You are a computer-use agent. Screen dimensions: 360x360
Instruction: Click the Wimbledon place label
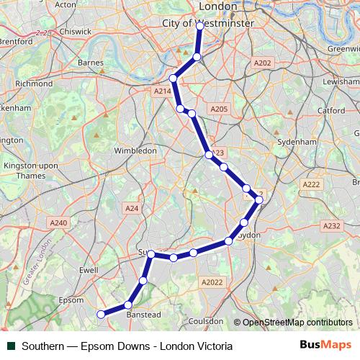coord(135,151)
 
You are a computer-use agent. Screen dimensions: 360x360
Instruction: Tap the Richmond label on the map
coord(34,84)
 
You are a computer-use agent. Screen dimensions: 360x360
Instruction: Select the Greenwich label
coord(343,49)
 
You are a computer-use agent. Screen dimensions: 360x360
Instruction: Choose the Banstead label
coord(143,315)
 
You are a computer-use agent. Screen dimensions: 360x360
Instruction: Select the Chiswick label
coord(76,32)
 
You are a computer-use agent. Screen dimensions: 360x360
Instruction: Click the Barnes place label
coord(91,63)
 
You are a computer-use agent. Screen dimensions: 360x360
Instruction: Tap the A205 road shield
coord(219,109)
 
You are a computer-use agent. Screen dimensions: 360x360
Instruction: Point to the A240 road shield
coord(59,223)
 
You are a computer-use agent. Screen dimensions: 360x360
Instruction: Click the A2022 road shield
coord(212,282)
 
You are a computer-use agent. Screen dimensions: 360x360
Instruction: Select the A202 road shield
coord(263,63)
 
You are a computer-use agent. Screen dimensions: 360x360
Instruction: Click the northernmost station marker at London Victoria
coord(200,25)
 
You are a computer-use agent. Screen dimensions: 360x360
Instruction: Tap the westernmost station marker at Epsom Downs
coord(101,314)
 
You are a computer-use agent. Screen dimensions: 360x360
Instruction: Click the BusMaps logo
coord(325,346)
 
